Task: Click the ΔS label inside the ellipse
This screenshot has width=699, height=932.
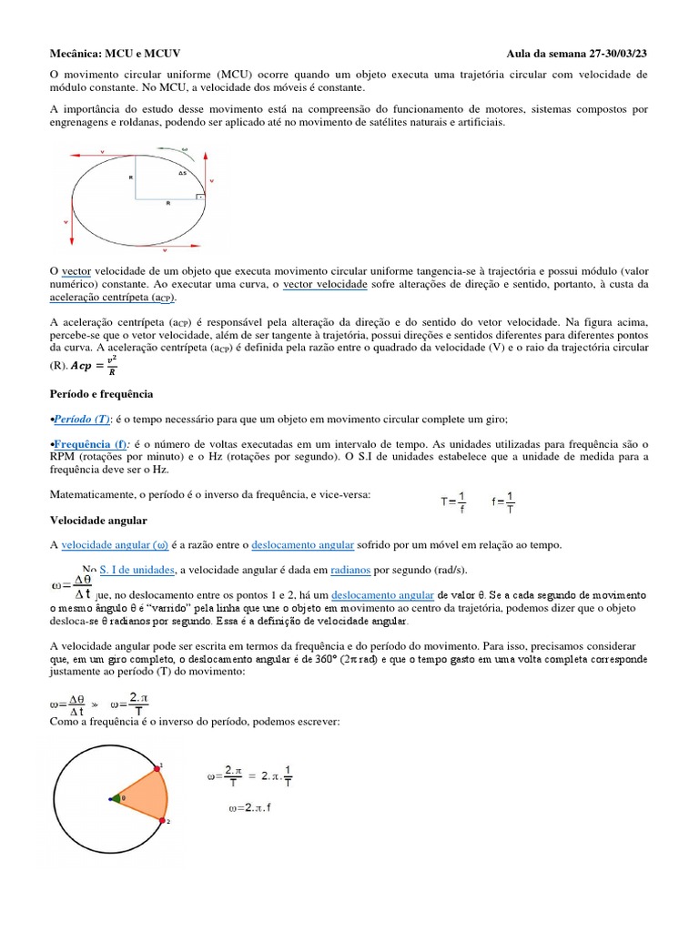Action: pos(182,173)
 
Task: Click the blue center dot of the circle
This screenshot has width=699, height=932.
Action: pos(112,799)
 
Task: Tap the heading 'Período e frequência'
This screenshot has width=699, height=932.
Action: pos(100,394)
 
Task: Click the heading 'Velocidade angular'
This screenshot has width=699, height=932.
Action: pos(94,519)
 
